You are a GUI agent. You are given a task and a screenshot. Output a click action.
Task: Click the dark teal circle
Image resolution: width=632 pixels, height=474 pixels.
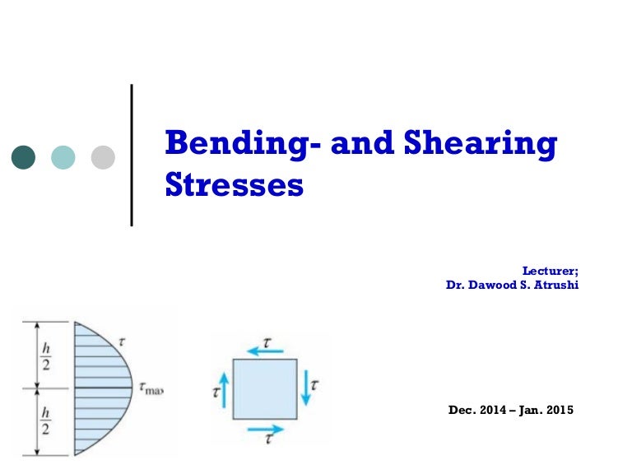coord(24,157)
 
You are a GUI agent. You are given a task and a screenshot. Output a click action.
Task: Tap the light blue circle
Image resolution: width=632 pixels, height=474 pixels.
coord(63,157)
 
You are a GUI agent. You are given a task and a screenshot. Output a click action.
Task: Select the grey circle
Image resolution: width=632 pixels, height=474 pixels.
coord(103,157)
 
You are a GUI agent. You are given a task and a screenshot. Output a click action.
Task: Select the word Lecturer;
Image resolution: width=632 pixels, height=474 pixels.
coord(551,270)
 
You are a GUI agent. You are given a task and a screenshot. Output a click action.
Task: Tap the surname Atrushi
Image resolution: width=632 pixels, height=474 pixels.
coord(553,286)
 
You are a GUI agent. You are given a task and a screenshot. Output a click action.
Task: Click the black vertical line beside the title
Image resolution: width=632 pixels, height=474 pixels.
coord(132,154)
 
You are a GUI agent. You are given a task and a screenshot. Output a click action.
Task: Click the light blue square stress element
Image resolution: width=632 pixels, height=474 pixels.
coord(264,388)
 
